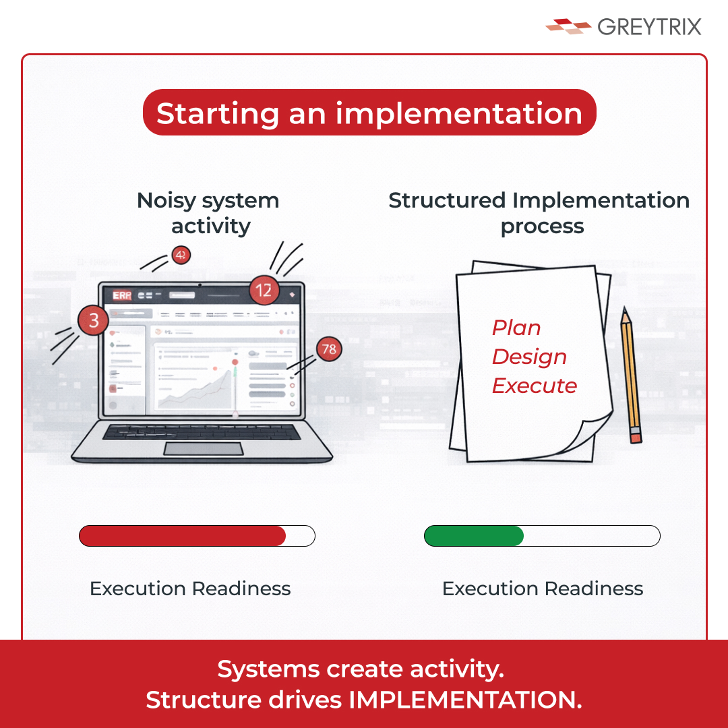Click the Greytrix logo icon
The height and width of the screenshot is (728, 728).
[x=568, y=26]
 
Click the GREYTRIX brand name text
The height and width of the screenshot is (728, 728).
[x=649, y=27]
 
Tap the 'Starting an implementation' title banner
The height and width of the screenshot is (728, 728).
[x=369, y=113]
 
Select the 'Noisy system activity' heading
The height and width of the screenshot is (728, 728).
[x=208, y=213]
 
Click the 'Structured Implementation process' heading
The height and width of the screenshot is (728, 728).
[x=539, y=213]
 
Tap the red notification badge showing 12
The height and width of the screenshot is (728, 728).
[x=264, y=291]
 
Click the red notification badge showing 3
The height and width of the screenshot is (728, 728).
[x=93, y=321]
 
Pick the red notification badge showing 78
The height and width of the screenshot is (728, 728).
[x=328, y=348]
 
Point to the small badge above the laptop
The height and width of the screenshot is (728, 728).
[x=181, y=255]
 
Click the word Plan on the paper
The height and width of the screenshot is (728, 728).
[x=516, y=328]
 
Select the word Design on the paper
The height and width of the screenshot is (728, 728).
[x=529, y=357]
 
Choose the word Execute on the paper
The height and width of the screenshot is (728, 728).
[x=535, y=386]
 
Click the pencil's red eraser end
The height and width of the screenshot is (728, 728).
[x=636, y=435]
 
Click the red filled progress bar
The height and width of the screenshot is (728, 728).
[x=183, y=536]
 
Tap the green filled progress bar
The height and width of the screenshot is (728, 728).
[x=474, y=536]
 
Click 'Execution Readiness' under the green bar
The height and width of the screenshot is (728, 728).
[x=543, y=588]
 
